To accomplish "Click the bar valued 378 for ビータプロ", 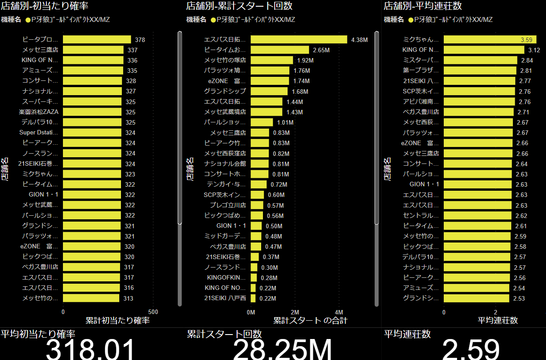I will (97, 40).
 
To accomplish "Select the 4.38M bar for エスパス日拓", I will (299, 40).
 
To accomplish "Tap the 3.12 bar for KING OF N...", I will (484, 50).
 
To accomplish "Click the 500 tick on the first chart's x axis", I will (153, 312).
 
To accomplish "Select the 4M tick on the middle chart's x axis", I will (339, 312).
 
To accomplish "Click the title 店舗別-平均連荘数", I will (422, 6).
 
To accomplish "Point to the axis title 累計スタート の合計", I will (310, 320).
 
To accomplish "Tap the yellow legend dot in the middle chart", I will (213, 20).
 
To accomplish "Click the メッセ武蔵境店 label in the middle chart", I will (225, 112).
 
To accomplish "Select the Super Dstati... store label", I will (39, 132).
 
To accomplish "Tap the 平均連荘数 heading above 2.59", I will (407, 334).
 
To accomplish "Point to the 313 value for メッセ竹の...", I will (129, 298).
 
